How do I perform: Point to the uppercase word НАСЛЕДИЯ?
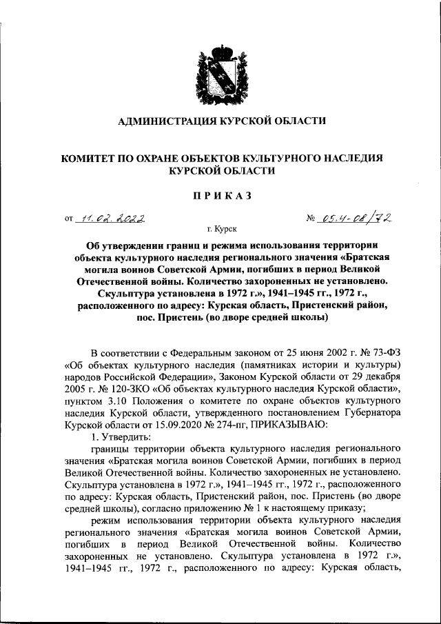pos(349,158)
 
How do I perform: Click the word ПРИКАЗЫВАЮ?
pos(284,425)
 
